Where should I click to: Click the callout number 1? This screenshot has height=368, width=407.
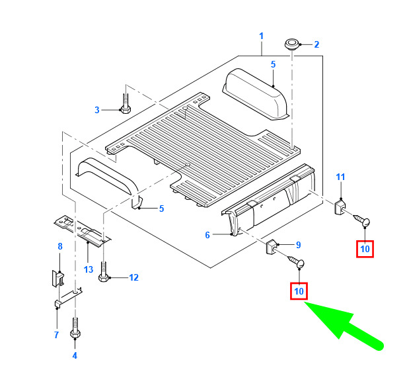click(x=262, y=36)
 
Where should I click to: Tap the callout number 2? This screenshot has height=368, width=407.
click(x=316, y=44)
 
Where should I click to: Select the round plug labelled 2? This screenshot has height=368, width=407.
click(x=292, y=44)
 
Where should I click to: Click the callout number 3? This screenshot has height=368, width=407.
click(x=97, y=110)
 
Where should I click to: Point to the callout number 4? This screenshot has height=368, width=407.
click(x=75, y=355)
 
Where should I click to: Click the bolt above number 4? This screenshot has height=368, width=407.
click(x=75, y=328)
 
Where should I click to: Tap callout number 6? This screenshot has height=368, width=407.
click(x=207, y=235)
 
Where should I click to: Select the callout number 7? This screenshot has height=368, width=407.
click(x=57, y=335)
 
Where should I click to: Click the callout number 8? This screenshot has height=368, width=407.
click(x=60, y=246)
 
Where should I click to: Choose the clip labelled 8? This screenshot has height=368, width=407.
click(x=58, y=278)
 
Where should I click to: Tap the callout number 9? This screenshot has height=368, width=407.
click(x=299, y=245)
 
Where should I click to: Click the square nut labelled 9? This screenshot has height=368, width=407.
click(x=272, y=247)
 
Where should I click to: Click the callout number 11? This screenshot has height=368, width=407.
click(x=340, y=177)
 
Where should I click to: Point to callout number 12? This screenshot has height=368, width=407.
click(x=133, y=277)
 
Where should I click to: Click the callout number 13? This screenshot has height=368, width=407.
click(x=89, y=269)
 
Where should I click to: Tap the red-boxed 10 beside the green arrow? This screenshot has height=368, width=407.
click(x=299, y=291)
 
